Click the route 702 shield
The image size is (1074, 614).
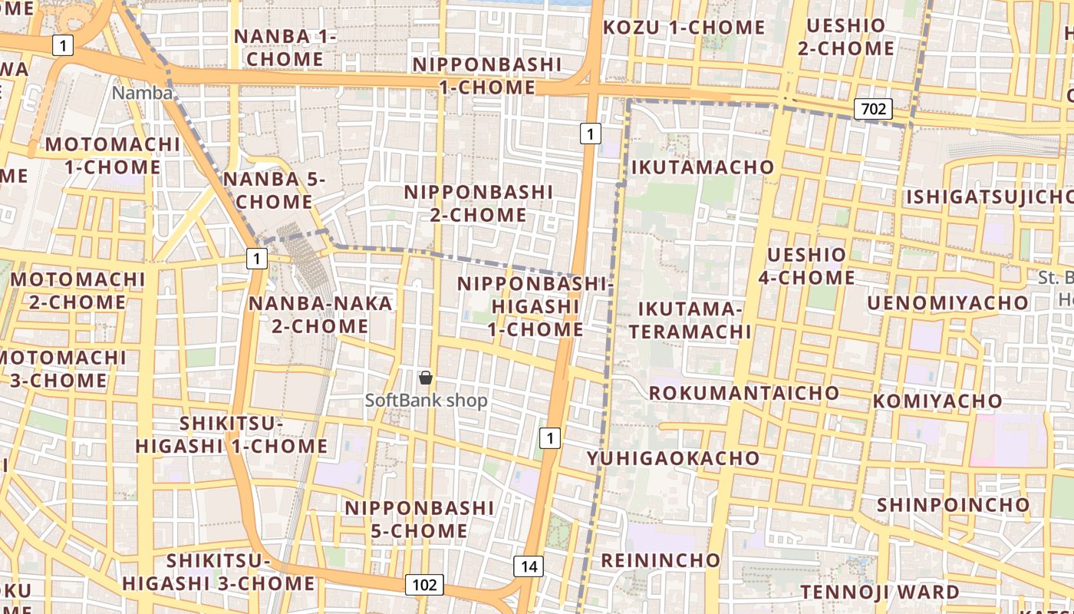tap(873, 109)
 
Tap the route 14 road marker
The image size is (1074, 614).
tap(529, 566)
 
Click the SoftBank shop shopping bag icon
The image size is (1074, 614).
tap(426, 378)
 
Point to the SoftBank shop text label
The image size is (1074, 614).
tap(426, 401)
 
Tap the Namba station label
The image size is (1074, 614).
tap(142, 93)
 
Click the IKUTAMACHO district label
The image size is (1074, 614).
tap(702, 167)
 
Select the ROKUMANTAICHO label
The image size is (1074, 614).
tap(743, 393)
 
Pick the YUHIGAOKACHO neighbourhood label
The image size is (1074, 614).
tap(673, 458)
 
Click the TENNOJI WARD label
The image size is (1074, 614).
tap(879, 592)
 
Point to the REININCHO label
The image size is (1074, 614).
tap(660, 560)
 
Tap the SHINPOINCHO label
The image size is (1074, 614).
tap(953, 505)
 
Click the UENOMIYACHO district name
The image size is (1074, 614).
tap(947, 303)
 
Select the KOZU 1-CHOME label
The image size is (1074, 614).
tap(684, 28)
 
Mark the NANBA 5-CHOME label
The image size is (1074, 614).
tap(274, 190)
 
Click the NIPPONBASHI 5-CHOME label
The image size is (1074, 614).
tap(419, 520)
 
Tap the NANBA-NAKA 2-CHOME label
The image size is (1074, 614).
tap(320, 315)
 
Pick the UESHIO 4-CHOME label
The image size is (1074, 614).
tap(806, 266)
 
